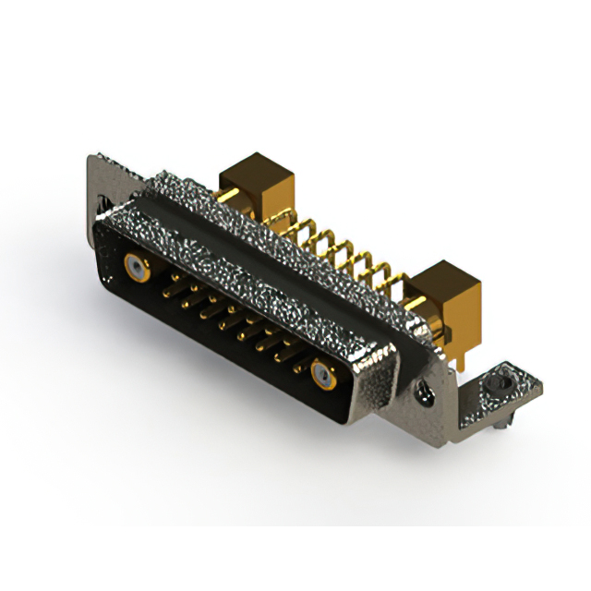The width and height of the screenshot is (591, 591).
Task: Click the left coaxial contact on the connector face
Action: coord(137,270)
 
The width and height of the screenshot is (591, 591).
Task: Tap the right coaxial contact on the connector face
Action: coord(322,374)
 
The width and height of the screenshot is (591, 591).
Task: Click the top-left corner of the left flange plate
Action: coord(92,158)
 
